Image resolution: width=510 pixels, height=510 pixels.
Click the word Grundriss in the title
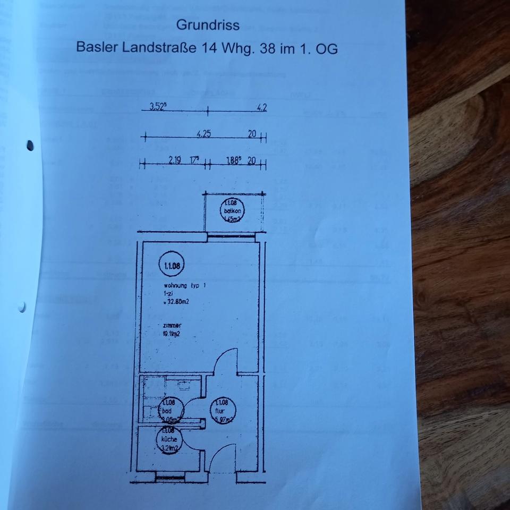[x=208, y=25]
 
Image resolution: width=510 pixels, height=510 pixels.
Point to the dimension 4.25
[x=203, y=134]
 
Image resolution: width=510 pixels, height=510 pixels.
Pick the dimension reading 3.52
[x=157, y=107]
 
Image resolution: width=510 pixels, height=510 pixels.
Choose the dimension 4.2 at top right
[x=261, y=108]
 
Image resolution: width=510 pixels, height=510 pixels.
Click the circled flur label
[x=222, y=411]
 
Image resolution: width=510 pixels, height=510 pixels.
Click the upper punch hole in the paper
[x=30, y=144]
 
